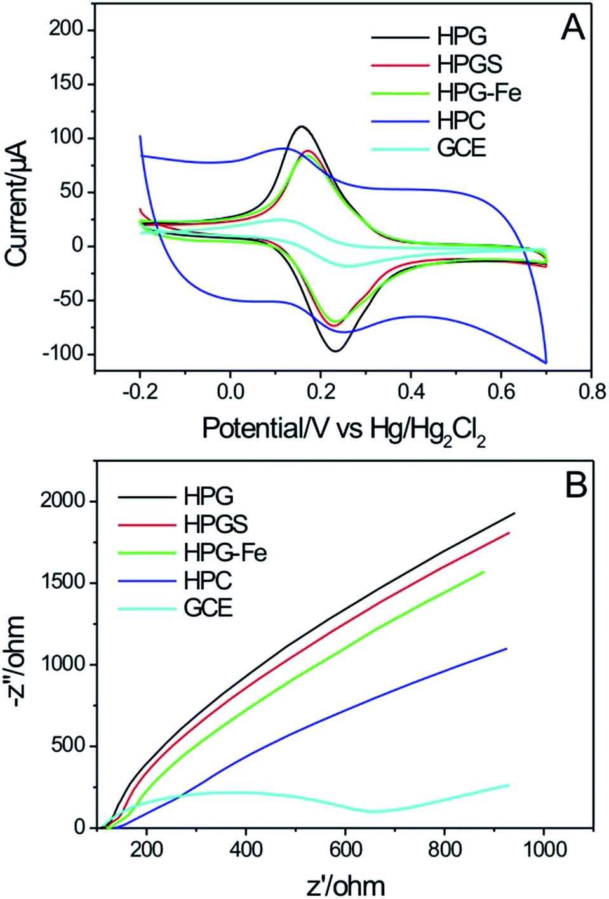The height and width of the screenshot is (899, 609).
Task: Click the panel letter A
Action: (x=573, y=28)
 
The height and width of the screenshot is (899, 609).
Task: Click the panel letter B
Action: (x=575, y=486)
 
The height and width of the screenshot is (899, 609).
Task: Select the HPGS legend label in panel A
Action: (x=469, y=64)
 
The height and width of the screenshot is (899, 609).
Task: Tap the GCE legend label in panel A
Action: (x=461, y=148)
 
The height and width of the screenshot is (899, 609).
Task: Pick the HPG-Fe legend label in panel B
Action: (x=225, y=552)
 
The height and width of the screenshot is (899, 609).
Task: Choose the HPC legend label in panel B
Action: (x=208, y=580)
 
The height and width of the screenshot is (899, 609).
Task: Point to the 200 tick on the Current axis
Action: (x=67, y=29)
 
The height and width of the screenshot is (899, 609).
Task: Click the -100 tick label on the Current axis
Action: (x=64, y=354)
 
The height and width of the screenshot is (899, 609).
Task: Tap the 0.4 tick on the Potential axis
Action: (x=411, y=392)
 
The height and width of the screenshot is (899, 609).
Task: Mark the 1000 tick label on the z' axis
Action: (x=544, y=849)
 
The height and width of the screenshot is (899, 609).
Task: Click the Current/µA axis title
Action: (x=17, y=203)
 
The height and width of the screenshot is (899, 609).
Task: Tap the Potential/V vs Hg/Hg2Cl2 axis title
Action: (x=344, y=430)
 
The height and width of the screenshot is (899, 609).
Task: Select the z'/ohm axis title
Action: (x=345, y=885)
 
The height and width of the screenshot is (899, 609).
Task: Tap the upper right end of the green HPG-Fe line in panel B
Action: (x=484, y=572)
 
